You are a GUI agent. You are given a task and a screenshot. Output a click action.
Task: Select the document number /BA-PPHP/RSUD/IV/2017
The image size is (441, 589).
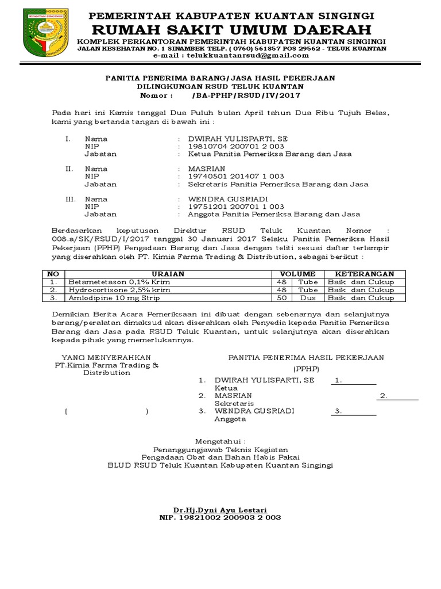coord(247,95)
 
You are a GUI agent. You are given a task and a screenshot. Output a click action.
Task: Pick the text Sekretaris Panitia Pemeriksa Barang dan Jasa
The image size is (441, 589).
coord(278,185)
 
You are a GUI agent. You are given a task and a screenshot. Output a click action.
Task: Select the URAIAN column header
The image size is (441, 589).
coord(168,274)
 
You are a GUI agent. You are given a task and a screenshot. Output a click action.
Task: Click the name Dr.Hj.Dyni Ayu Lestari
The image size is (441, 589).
coord(220,510)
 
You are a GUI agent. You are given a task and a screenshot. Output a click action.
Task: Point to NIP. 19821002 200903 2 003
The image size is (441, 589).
coord(220,518)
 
